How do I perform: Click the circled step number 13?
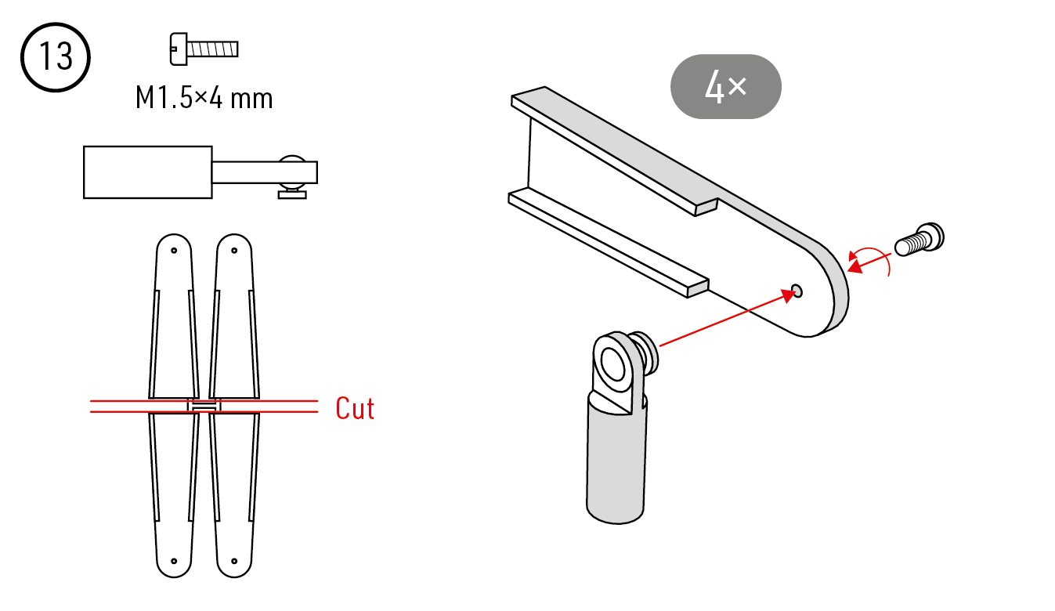(x=56, y=57)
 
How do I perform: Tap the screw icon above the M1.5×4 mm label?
(x=204, y=49)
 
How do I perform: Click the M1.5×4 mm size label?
(x=204, y=98)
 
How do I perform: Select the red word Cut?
(x=355, y=408)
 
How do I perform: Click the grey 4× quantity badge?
(x=726, y=87)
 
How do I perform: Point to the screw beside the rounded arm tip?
(x=919, y=240)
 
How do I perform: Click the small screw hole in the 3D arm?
(x=797, y=291)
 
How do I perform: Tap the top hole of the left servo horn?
(x=174, y=250)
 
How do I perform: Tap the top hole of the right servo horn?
(x=234, y=250)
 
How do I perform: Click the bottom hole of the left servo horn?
(x=174, y=561)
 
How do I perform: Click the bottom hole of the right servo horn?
(x=234, y=561)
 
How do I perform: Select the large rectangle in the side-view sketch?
(x=148, y=172)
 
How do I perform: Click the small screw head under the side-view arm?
(x=292, y=194)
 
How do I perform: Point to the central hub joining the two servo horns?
(x=204, y=406)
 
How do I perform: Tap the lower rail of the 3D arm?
(x=609, y=243)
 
